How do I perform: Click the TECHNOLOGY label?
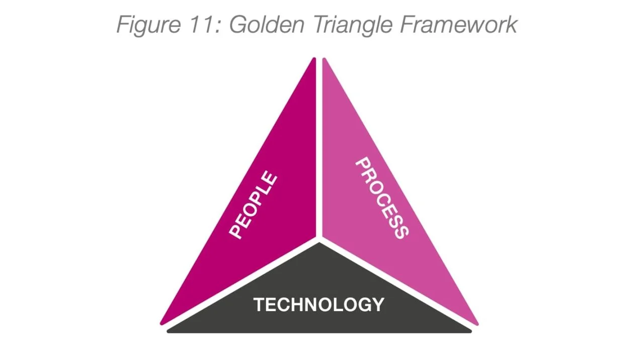click(x=318, y=305)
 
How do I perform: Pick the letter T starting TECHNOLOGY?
click(x=259, y=305)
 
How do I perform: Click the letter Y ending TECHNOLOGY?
click(x=378, y=305)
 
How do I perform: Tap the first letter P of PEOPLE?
click(x=235, y=230)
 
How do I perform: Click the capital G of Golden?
click(x=238, y=24)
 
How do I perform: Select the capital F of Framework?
click(x=407, y=24)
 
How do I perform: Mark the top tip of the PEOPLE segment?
click(x=313, y=60)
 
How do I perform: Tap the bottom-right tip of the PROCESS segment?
click(x=476, y=323)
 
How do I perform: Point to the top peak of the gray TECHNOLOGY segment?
click(x=319, y=244)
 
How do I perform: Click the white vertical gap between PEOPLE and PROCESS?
click(x=319, y=151)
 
